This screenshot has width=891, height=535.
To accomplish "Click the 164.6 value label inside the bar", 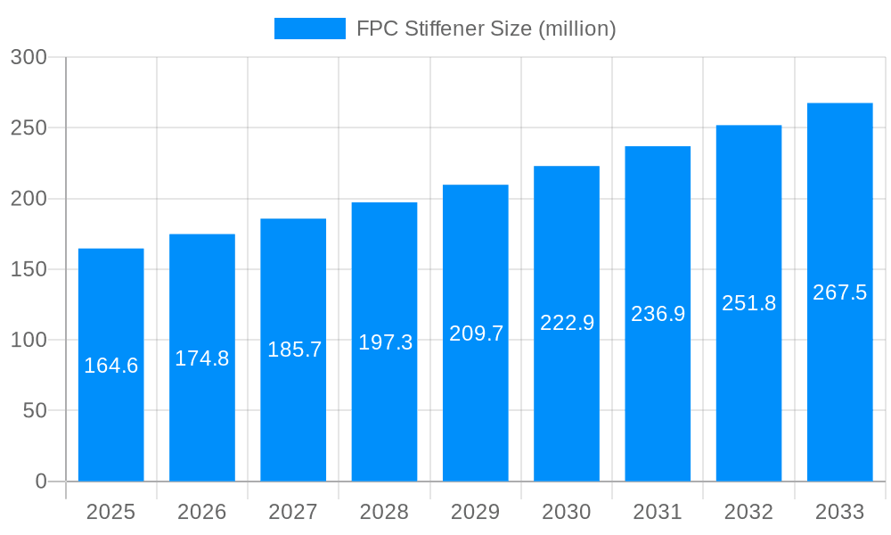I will [x=111, y=366].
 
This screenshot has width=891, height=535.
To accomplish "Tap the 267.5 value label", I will [x=839, y=292].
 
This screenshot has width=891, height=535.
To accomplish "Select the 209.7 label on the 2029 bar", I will [x=476, y=333].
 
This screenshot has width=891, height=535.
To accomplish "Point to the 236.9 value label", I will [x=658, y=314].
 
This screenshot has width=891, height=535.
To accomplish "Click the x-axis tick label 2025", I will [x=111, y=512].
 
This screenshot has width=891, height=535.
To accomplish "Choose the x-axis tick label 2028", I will [x=384, y=512].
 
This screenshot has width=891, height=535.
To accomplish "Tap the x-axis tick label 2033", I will [x=839, y=512].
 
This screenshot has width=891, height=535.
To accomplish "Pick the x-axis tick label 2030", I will [x=567, y=512].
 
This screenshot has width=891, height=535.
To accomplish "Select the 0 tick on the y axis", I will [x=41, y=481].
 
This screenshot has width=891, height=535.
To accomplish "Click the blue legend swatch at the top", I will [x=309, y=29].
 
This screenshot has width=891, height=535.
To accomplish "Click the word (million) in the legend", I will [x=577, y=29].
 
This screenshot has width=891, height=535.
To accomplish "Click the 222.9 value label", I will [x=567, y=323].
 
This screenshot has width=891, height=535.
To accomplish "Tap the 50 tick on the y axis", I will [x=34, y=411].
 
